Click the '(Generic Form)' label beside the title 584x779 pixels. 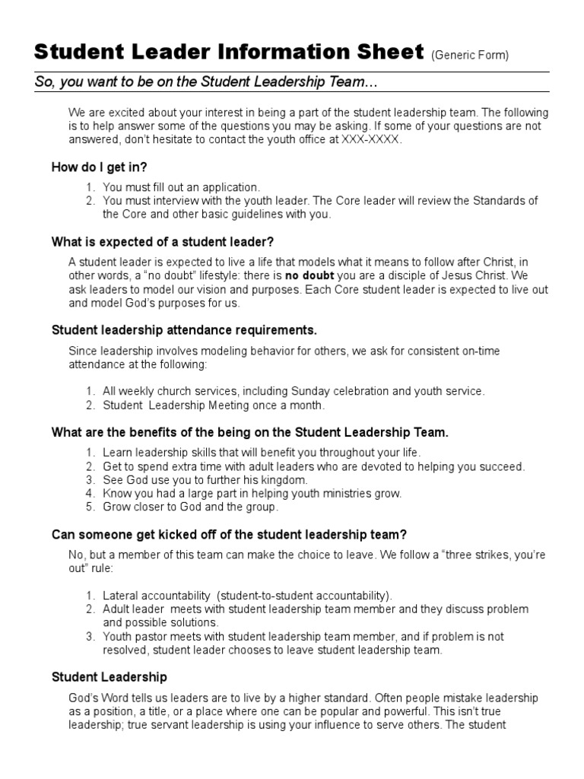pyautogui.click(x=470, y=55)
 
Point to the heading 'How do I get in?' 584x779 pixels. pyautogui.click(x=99, y=167)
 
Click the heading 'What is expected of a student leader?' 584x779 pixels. pyautogui.click(x=162, y=243)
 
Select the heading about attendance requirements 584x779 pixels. pyautogui.click(x=184, y=331)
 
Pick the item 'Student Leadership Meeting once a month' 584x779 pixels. pyautogui.click(x=203, y=405)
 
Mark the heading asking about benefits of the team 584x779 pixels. pyautogui.click(x=249, y=433)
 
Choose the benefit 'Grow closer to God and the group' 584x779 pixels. pyautogui.click(x=191, y=507)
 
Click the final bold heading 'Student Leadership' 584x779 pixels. pyautogui.click(x=109, y=677)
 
